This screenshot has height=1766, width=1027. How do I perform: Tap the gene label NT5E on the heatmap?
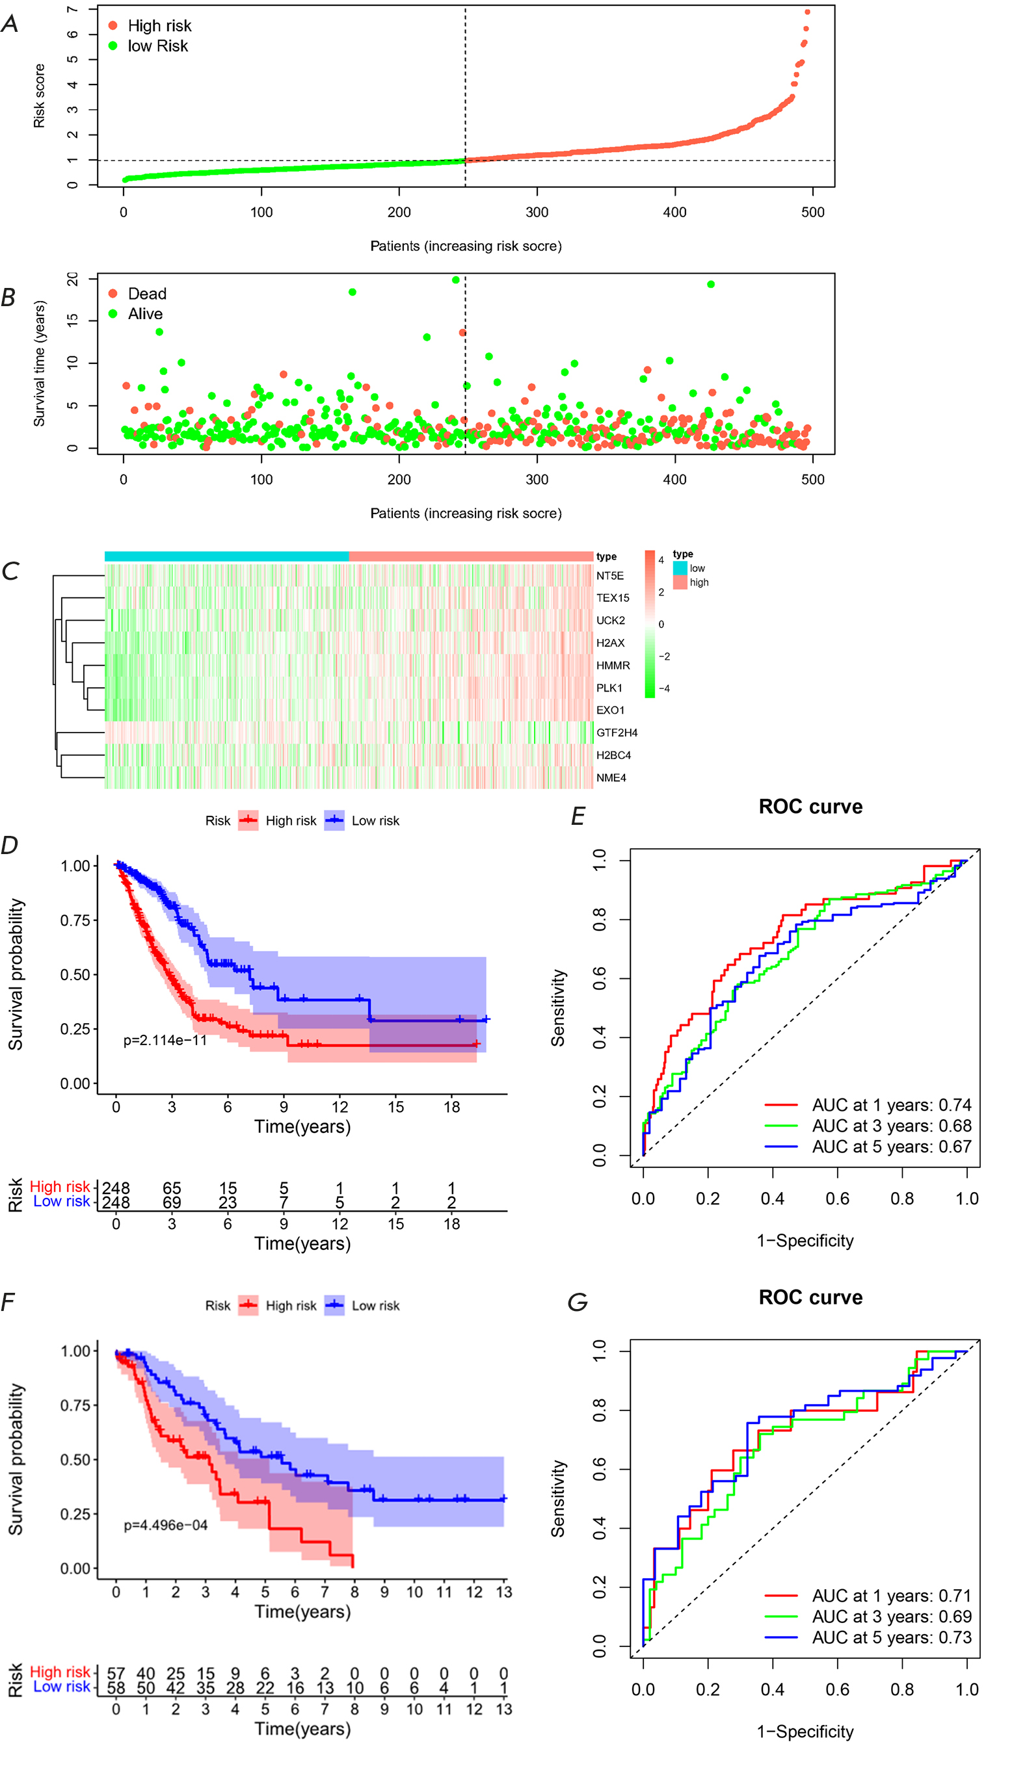pos(609,576)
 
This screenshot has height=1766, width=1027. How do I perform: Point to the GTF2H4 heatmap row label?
pos(616,733)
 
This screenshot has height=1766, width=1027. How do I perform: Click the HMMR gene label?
pos(613,666)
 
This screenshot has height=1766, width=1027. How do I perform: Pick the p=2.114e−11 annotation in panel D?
pos(165,1041)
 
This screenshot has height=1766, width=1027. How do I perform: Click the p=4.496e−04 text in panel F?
pos(165,1526)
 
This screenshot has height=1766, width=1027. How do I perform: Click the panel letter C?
pos(10,572)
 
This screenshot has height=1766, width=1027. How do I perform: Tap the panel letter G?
pos(577,1303)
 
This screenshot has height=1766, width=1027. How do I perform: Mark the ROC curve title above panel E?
pos(810,807)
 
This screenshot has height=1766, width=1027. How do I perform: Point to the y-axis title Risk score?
pos(39,96)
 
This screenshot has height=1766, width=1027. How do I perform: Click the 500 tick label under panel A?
pos(812,213)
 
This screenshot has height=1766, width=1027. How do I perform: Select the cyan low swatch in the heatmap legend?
pos(679,568)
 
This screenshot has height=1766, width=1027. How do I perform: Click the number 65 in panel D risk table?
pos(172,1189)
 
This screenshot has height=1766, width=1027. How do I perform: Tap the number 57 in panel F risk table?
pos(116,1674)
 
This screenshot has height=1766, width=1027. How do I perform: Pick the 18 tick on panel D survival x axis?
pos(451,1108)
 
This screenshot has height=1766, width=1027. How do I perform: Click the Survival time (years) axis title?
pos(39,364)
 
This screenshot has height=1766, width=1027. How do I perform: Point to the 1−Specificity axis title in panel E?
pos(805,1241)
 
